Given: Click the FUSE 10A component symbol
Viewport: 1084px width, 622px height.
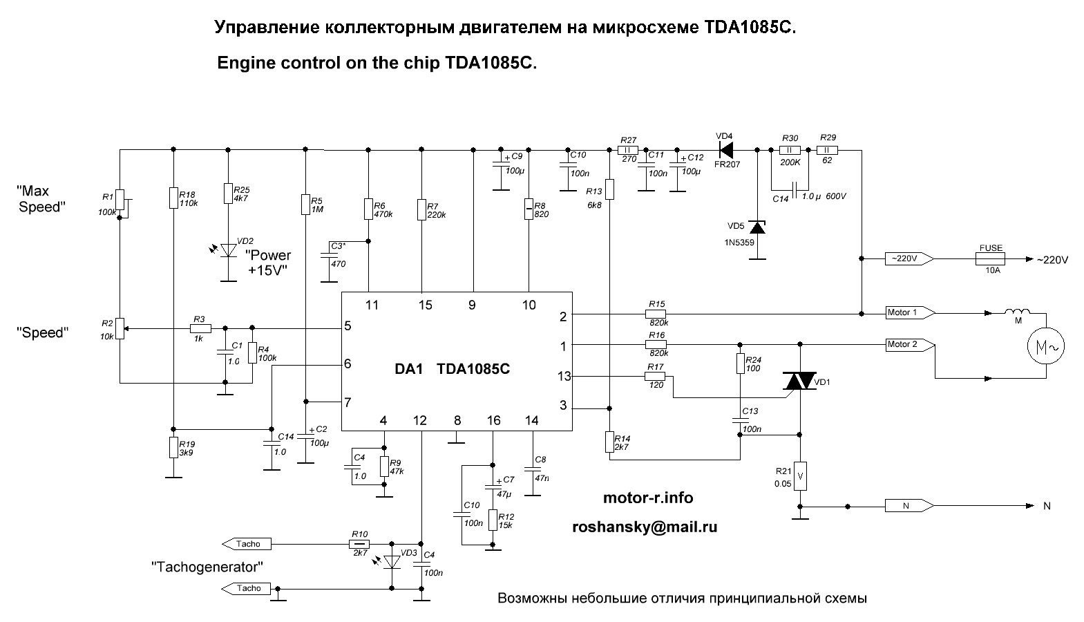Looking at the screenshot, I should [x=991, y=259].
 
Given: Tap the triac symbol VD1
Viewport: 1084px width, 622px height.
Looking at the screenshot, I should [x=800, y=381].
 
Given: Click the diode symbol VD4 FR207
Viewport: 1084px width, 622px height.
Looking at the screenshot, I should [x=725, y=149].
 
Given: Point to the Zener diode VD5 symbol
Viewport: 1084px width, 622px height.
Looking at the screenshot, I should [x=758, y=227].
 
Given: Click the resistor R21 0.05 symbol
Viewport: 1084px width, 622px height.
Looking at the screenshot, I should [x=800, y=476].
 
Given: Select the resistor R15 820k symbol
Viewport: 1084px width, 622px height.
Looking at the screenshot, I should [x=656, y=313].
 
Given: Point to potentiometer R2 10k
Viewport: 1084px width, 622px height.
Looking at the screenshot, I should [x=120, y=328].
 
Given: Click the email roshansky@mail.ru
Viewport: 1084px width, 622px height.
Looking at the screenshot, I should [x=645, y=527].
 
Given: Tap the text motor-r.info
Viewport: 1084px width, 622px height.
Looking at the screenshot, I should [x=647, y=498].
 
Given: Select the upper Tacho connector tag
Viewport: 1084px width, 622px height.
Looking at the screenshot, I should [x=245, y=544].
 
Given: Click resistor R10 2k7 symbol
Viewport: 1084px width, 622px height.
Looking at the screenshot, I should [x=359, y=544].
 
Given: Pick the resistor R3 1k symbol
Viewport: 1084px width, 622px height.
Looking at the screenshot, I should [x=199, y=328].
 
